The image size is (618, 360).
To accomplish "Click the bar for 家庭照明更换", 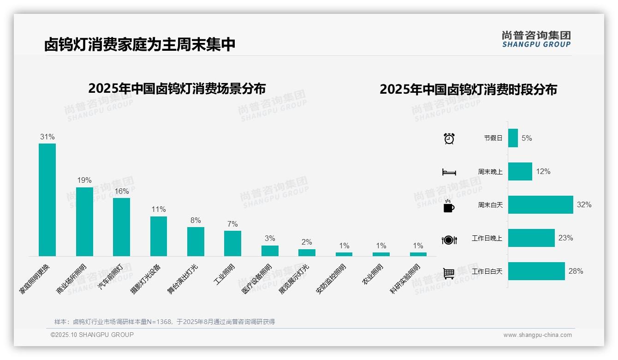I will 47,199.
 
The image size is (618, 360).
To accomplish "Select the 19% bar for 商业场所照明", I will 84,222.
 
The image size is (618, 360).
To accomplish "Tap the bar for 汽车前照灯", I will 121,227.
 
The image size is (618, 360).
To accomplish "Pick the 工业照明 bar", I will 232,243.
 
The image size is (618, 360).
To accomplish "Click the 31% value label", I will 47,137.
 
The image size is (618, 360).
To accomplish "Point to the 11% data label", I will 158,210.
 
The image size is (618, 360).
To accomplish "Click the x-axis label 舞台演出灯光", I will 183,279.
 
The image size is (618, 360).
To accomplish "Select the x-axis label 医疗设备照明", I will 257,279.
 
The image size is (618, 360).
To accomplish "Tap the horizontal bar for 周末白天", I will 541,204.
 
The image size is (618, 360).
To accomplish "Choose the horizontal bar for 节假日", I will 513,138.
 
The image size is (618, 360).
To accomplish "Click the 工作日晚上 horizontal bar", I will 531,238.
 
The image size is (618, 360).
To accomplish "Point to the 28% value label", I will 576,271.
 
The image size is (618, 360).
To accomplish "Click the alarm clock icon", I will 449,138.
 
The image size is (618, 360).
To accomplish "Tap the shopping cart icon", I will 449,273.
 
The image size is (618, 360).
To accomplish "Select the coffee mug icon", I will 449,206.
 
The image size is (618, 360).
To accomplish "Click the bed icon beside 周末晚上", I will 449,172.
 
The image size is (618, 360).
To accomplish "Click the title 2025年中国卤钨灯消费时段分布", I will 468,89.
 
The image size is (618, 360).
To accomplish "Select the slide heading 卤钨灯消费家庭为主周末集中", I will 140,45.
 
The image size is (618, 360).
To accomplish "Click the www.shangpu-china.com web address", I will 537,335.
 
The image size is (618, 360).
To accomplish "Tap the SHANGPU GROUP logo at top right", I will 536,39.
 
